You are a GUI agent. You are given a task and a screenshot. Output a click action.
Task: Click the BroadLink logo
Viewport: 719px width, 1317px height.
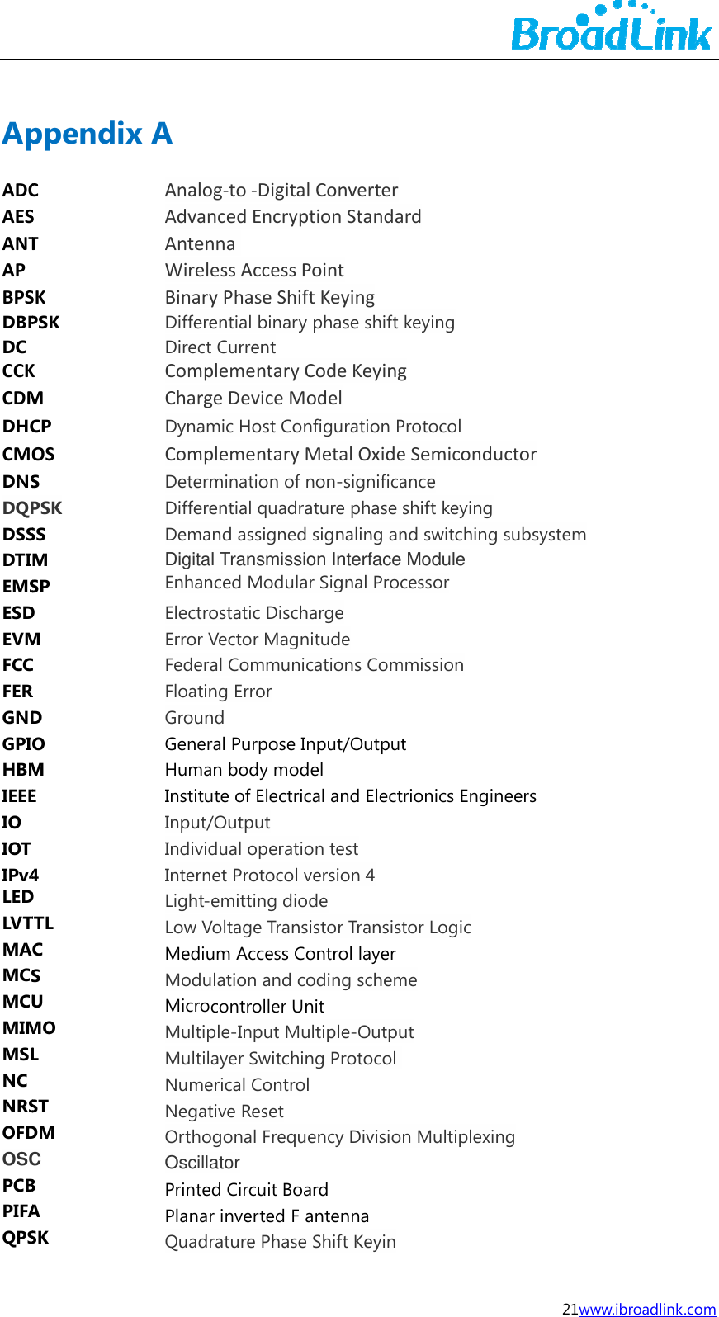click(x=611, y=29)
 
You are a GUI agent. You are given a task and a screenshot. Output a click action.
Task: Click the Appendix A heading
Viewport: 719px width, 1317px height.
click(x=88, y=133)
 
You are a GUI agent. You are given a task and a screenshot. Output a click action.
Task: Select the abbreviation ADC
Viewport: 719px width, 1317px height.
click(x=21, y=191)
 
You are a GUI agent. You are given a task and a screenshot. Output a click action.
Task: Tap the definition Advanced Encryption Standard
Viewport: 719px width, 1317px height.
click(x=293, y=217)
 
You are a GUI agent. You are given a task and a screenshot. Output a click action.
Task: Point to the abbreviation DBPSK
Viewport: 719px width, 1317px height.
click(x=31, y=323)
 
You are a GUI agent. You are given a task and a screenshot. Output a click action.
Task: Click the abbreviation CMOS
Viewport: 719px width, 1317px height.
click(x=29, y=455)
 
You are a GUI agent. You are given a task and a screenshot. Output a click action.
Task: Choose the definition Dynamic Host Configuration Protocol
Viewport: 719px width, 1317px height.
click(x=313, y=427)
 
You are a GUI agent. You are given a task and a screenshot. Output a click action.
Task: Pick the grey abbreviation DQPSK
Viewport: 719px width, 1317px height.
click(x=32, y=508)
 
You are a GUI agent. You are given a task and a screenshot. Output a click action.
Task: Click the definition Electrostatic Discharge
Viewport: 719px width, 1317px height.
click(x=254, y=613)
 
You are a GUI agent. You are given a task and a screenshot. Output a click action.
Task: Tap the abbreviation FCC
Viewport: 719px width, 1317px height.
click(x=18, y=665)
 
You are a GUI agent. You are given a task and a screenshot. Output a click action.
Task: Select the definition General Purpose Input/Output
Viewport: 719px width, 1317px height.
click(x=286, y=744)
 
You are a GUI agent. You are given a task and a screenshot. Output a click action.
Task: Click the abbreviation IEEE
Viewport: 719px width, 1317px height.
click(x=20, y=796)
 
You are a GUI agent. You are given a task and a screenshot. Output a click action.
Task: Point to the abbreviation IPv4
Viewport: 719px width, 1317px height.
click(x=21, y=875)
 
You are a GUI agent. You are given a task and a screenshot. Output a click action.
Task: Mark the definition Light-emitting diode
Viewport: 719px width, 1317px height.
click(x=246, y=901)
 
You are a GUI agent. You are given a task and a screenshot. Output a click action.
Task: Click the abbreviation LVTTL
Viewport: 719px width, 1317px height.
click(x=28, y=923)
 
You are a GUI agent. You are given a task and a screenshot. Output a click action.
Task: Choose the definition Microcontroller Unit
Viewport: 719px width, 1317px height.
click(x=244, y=1007)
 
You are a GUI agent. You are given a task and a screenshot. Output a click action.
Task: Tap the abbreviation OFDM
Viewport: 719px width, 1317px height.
click(x=29, y=1133)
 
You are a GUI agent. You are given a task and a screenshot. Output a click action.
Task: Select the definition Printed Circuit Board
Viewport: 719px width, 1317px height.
click(x=247, y=1190)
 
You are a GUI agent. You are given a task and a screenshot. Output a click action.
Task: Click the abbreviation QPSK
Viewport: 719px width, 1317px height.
click(x=26, y=1238)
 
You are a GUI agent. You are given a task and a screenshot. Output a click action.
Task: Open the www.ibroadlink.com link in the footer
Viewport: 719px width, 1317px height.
click(x=647, y=1309)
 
